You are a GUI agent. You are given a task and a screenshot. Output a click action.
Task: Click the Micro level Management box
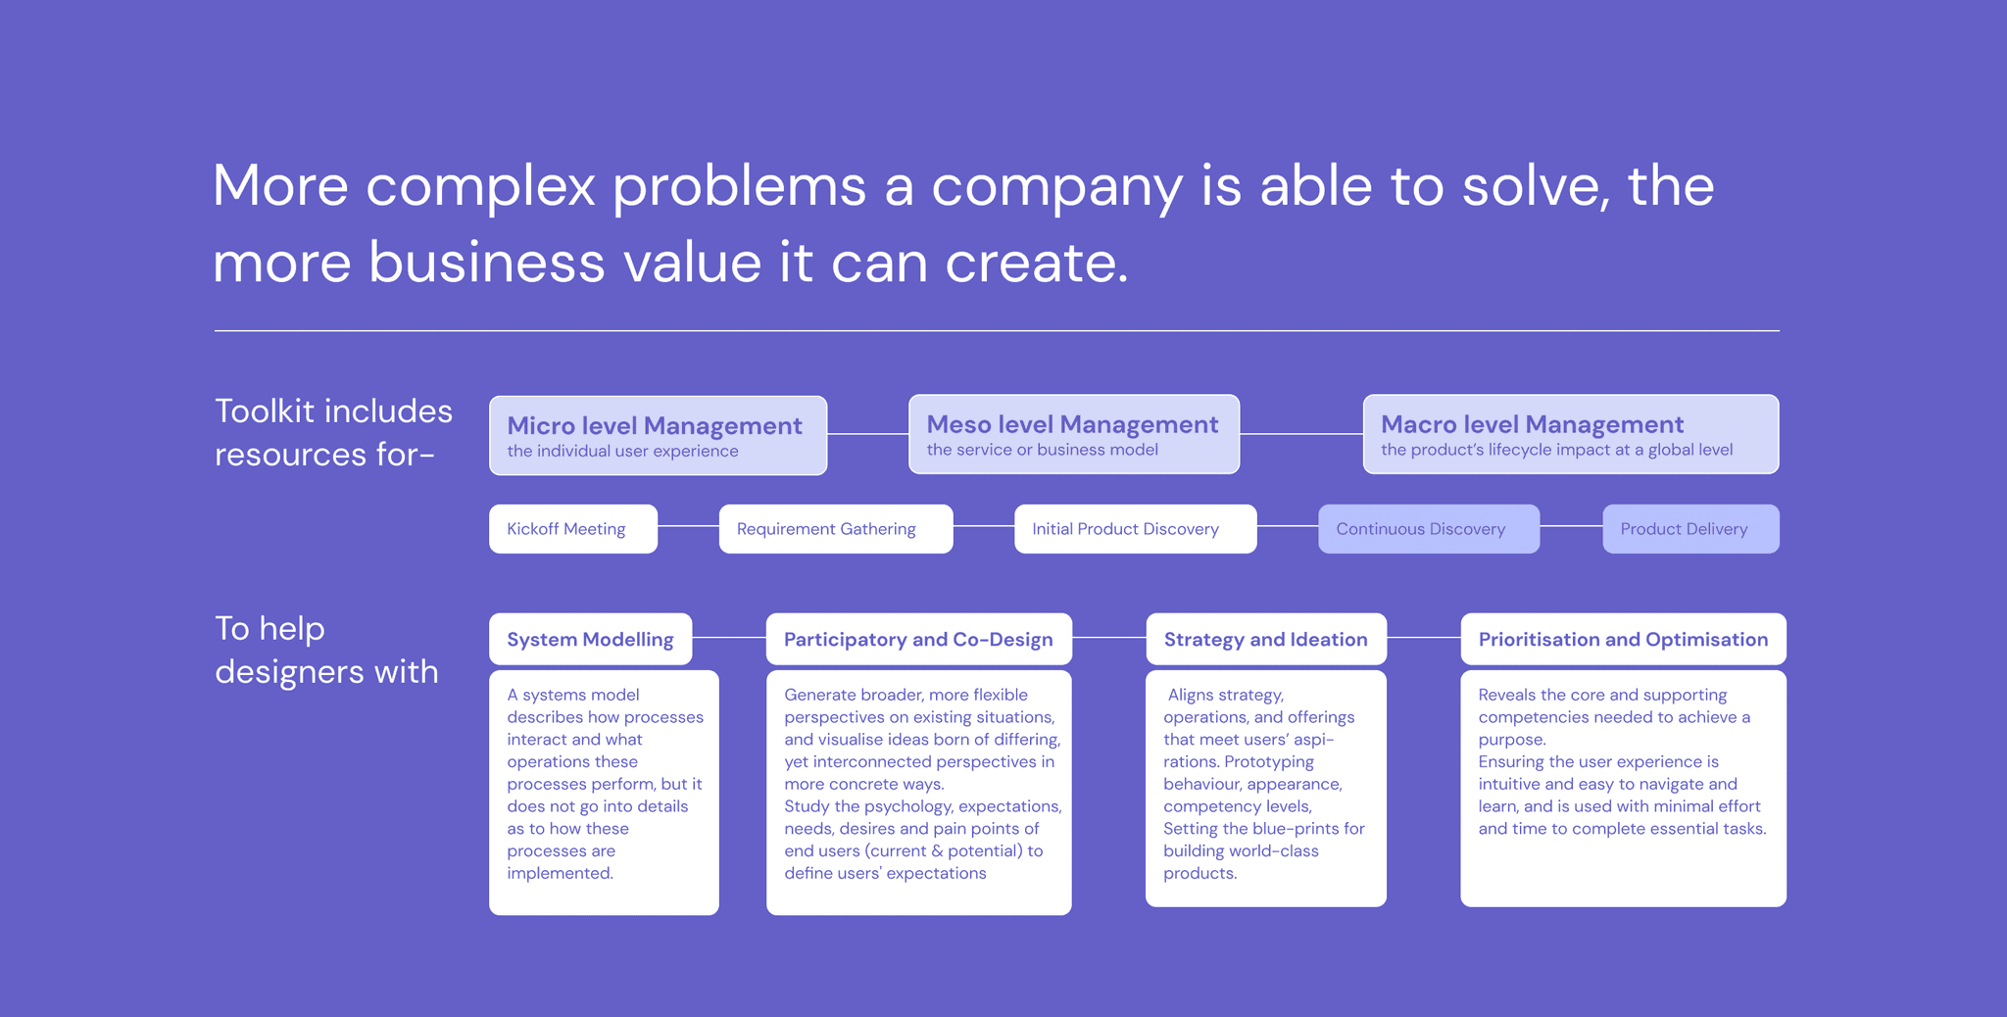pos(658,435)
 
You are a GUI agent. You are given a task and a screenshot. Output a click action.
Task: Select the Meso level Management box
pos(1073,434)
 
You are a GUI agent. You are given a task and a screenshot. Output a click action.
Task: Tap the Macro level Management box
pos(1570,434)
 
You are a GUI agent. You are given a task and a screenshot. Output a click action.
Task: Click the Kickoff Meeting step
pos(572,529)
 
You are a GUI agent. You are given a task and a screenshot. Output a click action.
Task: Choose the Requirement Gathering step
pos(835,529)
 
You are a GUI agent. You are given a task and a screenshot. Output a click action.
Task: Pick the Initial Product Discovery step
pos(1135,529)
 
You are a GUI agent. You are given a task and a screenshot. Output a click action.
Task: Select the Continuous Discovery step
pos(1428,529)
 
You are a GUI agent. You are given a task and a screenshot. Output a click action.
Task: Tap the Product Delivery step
pos(1689,529)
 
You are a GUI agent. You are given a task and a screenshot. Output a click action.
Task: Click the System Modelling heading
pos(590,640)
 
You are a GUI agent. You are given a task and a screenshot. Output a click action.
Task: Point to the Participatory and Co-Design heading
pos(918,640)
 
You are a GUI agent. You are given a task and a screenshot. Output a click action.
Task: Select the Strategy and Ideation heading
pos(1265,640)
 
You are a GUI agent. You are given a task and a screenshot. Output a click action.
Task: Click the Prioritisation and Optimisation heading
pos(1623,640)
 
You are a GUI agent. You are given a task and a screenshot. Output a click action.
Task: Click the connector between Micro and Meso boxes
pos(867,434)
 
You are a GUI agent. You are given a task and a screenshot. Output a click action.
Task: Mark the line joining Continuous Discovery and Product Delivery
pos(1571,526)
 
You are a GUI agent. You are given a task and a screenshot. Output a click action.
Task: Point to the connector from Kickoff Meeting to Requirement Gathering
pos(688,526)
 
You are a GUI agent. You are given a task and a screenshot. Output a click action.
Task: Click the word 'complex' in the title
pos(480,186)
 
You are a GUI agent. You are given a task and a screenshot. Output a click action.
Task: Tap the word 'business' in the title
pos(486,263)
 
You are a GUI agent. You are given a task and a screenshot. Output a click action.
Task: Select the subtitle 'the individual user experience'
pos(622,452)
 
